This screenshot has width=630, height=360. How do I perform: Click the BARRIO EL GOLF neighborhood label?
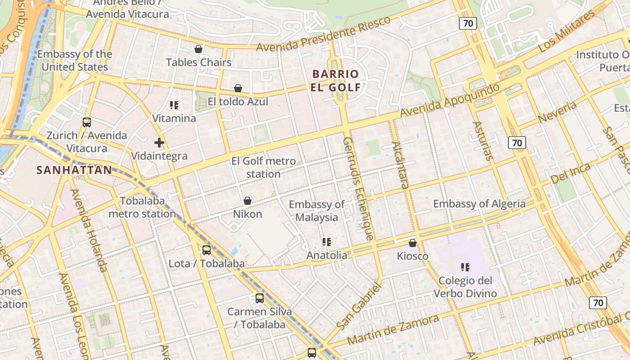[336, 81]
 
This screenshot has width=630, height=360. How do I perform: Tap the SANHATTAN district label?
[74, 170]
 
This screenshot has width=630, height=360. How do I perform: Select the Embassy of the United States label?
[75, 61]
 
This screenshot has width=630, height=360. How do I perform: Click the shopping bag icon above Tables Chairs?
[198, 49]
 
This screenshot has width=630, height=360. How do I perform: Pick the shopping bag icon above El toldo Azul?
[238, 88]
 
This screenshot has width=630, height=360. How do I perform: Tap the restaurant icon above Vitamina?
[174, 105]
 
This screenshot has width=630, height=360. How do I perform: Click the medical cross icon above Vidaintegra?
[159, 143]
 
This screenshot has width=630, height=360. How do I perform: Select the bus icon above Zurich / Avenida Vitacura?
[87, 122]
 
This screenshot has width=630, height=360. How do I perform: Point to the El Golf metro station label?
[264, 167]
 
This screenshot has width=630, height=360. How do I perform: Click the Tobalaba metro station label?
[142, 207]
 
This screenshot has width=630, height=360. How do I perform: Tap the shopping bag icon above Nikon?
[247, 201]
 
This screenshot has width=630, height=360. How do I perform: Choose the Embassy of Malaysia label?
[317, 211]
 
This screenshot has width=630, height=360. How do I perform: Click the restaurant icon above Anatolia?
[327, 242]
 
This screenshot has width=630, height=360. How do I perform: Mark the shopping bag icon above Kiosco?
[413, 243]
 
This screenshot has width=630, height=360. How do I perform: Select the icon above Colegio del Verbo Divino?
[465, 267]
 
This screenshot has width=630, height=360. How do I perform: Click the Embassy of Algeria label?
[479, 204]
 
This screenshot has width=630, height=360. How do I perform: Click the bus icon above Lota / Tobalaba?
[207, 250]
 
